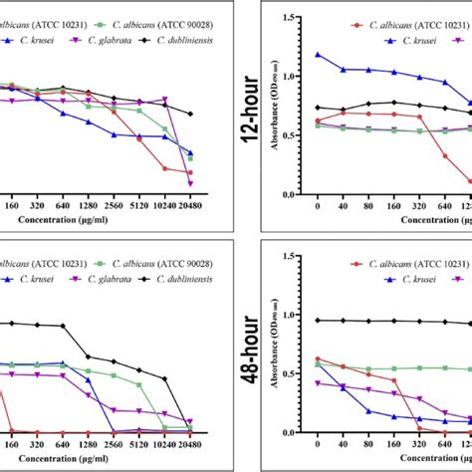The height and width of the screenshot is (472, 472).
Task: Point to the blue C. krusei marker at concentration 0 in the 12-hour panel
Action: pyautogui.click(x=318, y=55)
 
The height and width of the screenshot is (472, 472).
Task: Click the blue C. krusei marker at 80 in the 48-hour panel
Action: pyautogui.click(x=368, y=410)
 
